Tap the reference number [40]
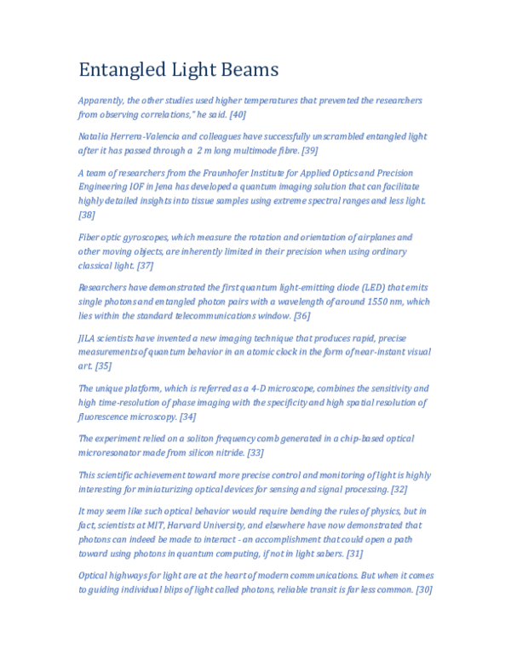click(238, 113)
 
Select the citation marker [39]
click(310, 150)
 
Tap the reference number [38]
click(87, 216)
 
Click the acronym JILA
click(89, 338)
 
